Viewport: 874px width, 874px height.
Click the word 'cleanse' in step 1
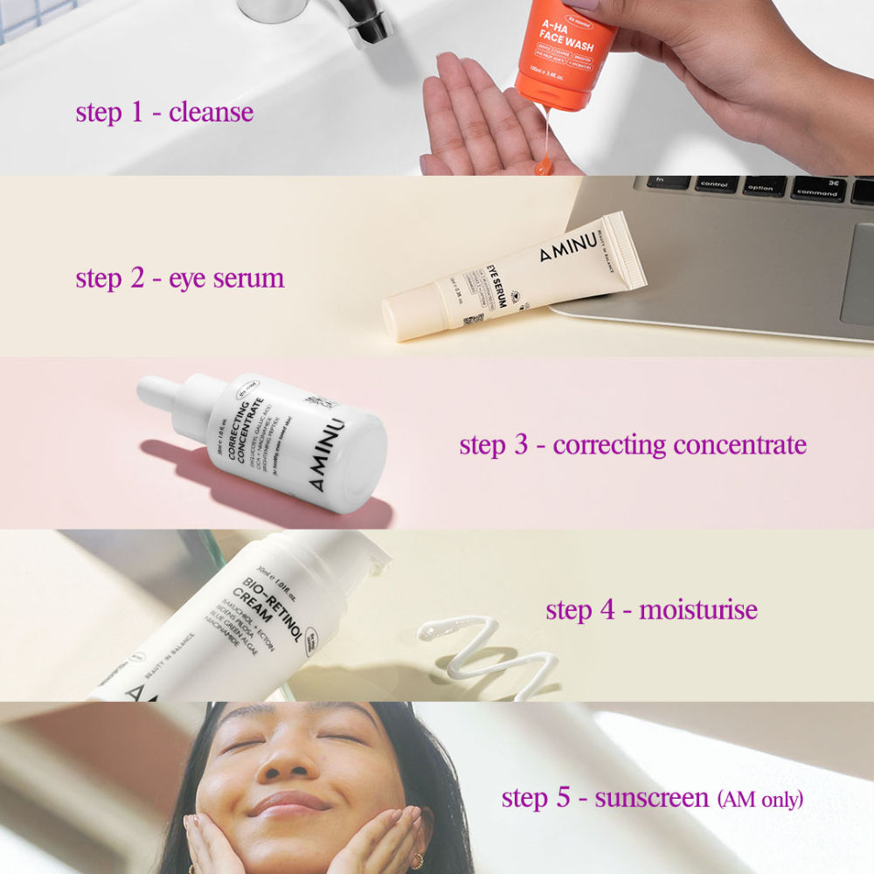[x=211, y=113]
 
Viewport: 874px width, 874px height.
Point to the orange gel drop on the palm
[x=544, y=164]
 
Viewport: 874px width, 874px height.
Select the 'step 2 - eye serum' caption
[x=180, y=279]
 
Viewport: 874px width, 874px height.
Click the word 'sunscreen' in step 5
[x=652, y=798]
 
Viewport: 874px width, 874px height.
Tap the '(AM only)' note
[x=760, y=799]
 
